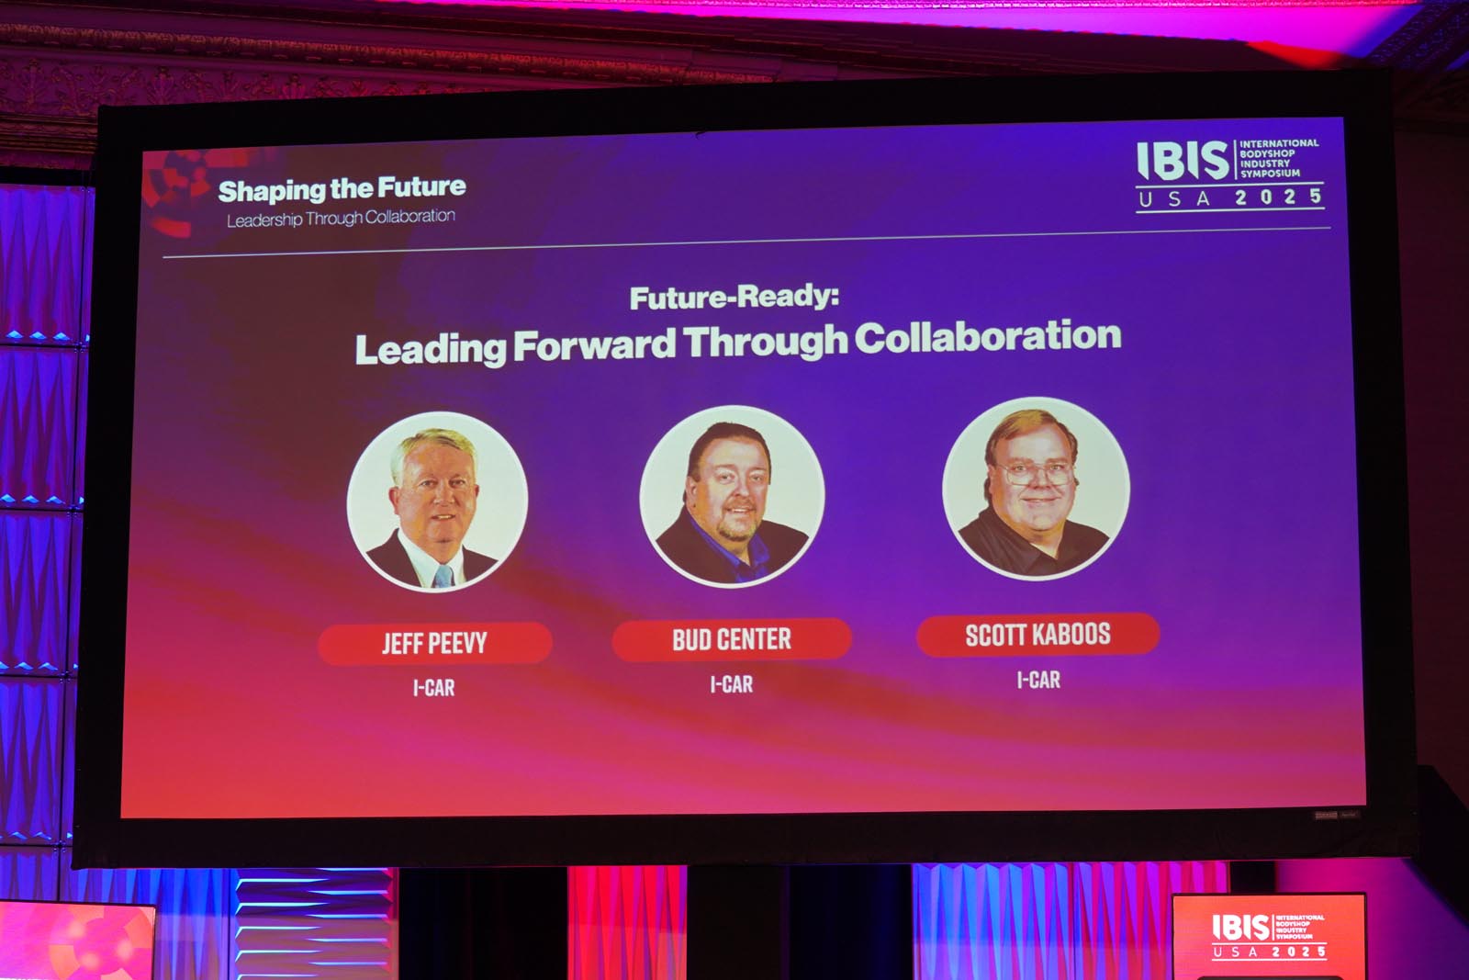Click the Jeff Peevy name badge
(x=435, y=643)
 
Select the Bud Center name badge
(x=732, y=639)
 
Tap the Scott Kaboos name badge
(x=1038, y=635)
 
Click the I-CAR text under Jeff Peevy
(x=433, y=687)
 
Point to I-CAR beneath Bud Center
(x=731, y=684)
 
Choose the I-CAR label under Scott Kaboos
(x=1038, y=680)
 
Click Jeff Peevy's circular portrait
(x=437, y=501)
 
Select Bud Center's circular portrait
(x=732, y=496)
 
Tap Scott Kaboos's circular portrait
(x=1037, y=489)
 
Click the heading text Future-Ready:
(x=734, y=298)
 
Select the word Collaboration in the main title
(x=988, y=336)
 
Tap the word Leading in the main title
(x=431, y=348)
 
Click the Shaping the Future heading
(x=342, y=189)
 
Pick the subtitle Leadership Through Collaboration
(x=341, y=218)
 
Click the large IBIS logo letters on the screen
(x=1183, y=161)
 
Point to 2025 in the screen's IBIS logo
(x=1278, y=197)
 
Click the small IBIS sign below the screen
(x=1269, y=935)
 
